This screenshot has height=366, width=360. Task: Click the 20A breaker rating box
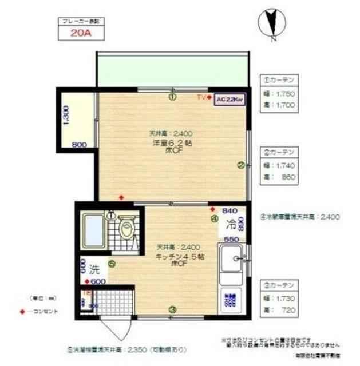pos(80,33)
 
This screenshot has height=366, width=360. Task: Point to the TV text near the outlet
pos(201,98)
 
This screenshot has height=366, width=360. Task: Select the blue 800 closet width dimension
pos(79,145)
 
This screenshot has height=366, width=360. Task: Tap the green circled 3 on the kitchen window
pos(172,310)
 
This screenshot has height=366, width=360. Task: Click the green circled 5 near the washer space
pos(112,264)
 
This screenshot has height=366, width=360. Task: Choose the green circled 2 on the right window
pos(241,165)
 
